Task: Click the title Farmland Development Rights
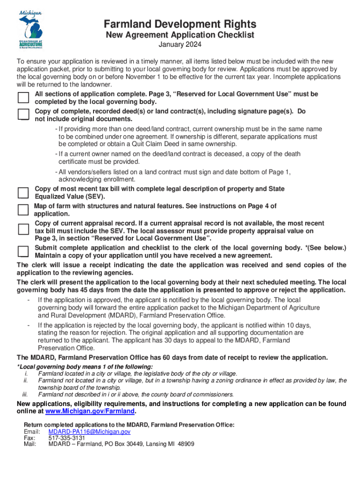tap(180, 24)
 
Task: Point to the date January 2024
tap(180, 45)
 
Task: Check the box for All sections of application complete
tap(23, 97)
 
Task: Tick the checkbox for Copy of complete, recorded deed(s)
tap(23, 114)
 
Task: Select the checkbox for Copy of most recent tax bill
tap(23, 193)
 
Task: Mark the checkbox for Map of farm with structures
tap(23, 210)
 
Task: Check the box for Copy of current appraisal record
tap(23, 230)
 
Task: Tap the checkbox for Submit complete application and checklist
tap(23, 252)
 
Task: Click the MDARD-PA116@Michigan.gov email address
tap(89, 431)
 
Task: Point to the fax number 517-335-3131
tap(67, 438)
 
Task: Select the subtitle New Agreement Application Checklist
tap(180, 35)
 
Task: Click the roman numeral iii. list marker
tap(26, 394)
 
